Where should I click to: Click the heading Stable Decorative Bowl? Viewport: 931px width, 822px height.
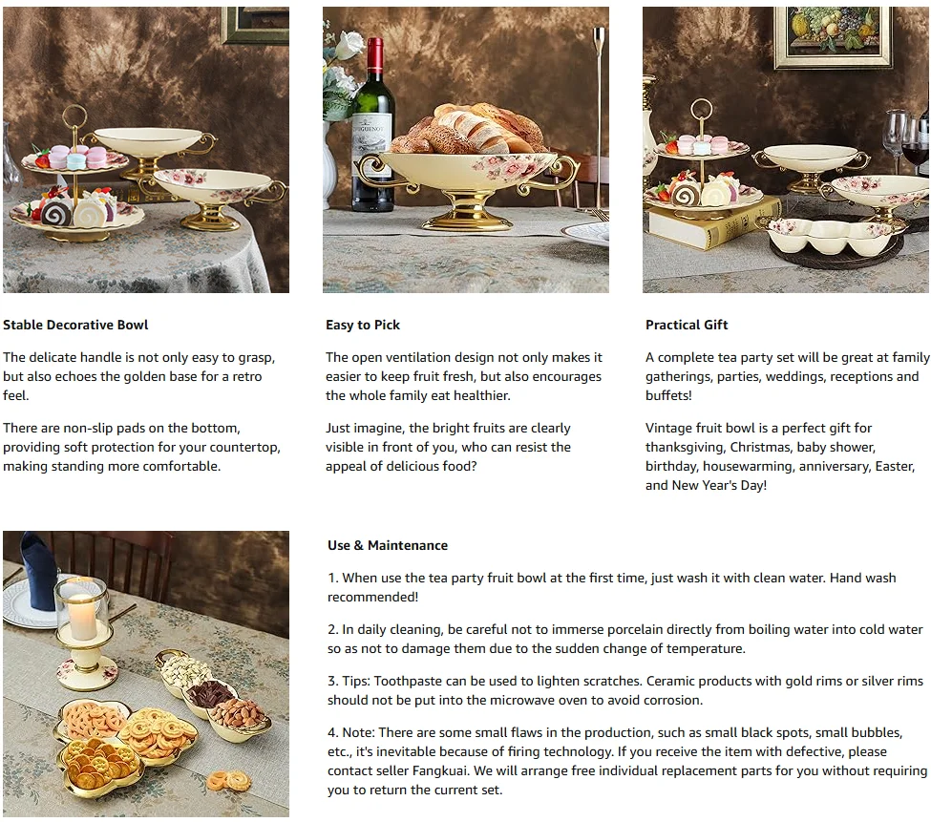click(x=75, y=325)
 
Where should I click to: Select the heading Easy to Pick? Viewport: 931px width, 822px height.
click(x=362, y=325)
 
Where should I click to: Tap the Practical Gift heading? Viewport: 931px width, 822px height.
click(x=686, y=325)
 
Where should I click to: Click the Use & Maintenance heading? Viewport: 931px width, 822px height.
click(x=387, y=545)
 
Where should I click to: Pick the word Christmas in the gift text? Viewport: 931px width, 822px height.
click(x=797, y=447)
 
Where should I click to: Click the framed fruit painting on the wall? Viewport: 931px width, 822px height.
click(x=833, y=33)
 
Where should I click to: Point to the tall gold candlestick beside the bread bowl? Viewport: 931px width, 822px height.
click(x=599, y=115)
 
